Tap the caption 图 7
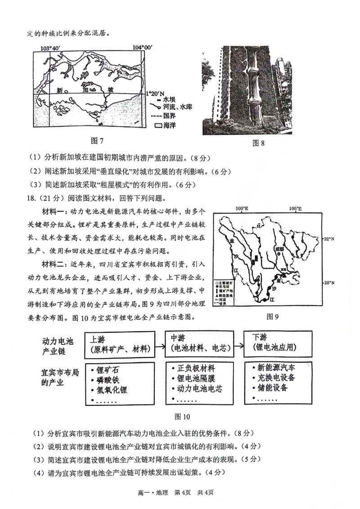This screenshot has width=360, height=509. coord(97,141)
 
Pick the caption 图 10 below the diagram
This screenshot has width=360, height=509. coord(182,416)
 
